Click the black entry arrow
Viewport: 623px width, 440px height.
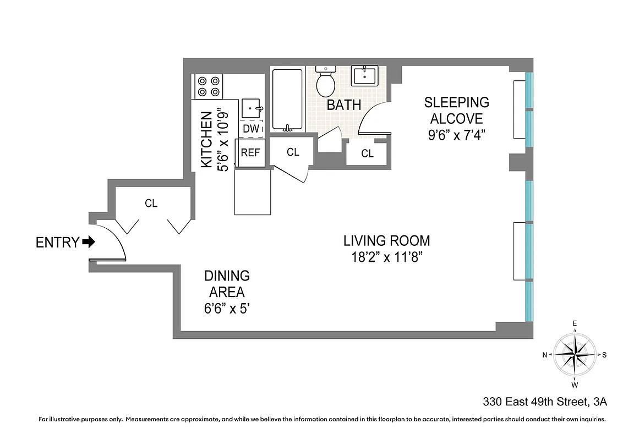tap(88, 241)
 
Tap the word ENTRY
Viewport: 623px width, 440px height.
tap(57, 242)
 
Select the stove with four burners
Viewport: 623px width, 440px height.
tap(209, 86)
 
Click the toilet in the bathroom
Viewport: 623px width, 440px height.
tap(325, 81)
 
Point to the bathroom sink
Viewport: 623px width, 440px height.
tap(365, 75)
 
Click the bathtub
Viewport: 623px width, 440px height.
tap(287, 100)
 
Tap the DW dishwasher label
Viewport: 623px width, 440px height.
tap(250, 128)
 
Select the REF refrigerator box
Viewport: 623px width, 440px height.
tap(250, 152)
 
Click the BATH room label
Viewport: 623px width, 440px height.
tap(344, 105)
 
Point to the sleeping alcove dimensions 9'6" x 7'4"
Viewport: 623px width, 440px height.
tap(456, 135)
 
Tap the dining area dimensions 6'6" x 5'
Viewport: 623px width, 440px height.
tap(227, 307)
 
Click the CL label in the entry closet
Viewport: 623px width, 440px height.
tap(151, 204)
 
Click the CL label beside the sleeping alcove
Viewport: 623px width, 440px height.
tap(367, 154)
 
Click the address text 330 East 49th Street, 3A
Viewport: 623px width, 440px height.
tap(544, 402)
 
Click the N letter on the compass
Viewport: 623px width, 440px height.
tap(545, 355)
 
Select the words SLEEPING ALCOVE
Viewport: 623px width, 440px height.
tap(456, 110)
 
